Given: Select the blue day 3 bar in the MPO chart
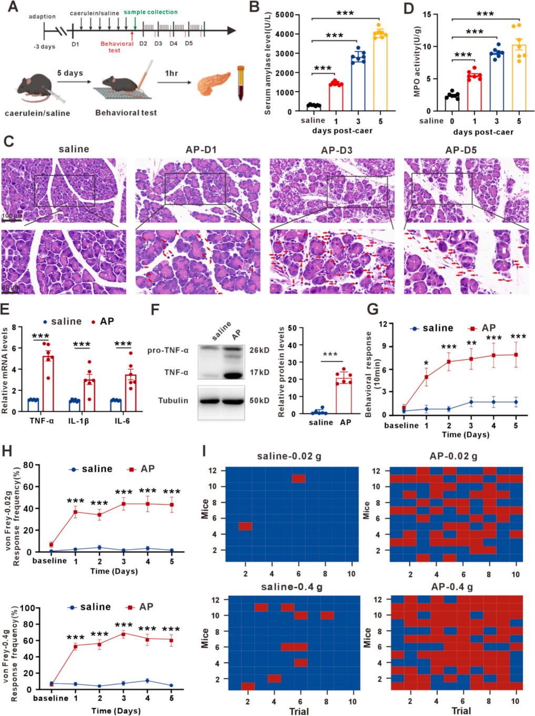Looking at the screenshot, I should click(x=496, y=82).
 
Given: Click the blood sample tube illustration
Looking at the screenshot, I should click(x=241, y=83).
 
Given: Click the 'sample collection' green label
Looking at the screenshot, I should click(x=150, y=12).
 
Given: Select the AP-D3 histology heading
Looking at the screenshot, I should click(x=337, y=150).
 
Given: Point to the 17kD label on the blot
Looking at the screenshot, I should click(x=259, y=373).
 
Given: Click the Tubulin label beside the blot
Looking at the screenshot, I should click(x=173, y=401).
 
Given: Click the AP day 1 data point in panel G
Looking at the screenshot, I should click(x=427, y=377).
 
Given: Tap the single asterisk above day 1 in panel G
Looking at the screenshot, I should click(x=427, y=363).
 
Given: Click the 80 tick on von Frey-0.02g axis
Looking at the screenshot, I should click(x=28, y=465).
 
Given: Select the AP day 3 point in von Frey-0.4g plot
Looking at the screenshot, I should click(x=124, y=634).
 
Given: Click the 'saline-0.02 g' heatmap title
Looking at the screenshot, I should click(x=289, y=456).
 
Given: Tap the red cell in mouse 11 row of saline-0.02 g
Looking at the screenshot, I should click(x=298, y=479).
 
